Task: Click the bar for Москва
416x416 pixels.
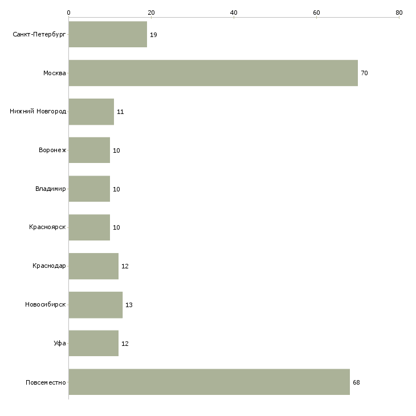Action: pos(213,73)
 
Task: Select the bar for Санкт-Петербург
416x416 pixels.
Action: pos(108,34)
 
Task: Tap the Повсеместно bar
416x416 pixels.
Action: pos(209,382)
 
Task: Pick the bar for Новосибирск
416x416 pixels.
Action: pos(96,305)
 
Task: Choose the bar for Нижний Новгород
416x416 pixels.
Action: pos(91,112)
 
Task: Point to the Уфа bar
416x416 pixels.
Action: pos(93,343)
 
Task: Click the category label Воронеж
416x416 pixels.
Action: pos(52,150)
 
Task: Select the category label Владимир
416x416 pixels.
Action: pos(51,189)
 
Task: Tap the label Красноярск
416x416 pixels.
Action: pos(47,227)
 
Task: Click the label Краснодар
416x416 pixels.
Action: pos(50,266)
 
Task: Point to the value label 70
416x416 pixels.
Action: pos(364,73)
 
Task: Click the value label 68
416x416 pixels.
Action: pos(356,382)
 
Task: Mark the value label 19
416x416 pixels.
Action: pos(153,35)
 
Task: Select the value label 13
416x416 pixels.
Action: pos(129,305)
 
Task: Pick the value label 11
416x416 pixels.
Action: pos(120,112)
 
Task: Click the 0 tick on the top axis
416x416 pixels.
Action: pos(69,13)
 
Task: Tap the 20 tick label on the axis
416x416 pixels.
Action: pos(151,13)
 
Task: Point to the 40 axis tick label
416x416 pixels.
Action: pos(234,13)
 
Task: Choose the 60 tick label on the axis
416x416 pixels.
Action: pos(316,13)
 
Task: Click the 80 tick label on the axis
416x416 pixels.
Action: pos(399,13)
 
